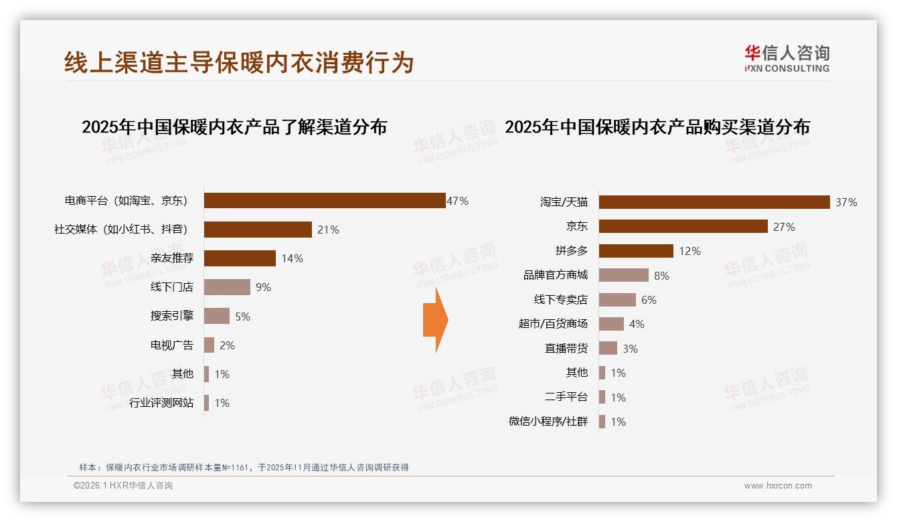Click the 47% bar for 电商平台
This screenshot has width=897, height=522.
(x=325, y=201)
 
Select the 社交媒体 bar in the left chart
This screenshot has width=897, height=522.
(x=258, y=230)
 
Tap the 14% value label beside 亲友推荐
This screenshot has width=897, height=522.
(x=292, y=258)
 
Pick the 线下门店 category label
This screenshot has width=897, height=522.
(x=172, y=287)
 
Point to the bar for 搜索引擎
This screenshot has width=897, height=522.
(x=216, y=316)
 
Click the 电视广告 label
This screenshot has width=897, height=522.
(x=172, y=345)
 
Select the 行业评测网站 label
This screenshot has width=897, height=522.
(x=161, y=403)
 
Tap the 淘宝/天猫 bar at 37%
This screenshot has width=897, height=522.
(x=714, y=202)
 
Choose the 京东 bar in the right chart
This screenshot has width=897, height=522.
(x=683, y=226)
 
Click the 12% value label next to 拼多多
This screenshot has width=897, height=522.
(x=689, y=251)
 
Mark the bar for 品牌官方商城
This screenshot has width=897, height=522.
(x=623, y=275)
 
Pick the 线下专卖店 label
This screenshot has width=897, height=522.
(x=560, y=300)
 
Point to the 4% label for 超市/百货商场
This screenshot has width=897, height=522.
(x=637, y=324)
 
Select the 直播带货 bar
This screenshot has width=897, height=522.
(x=608, y=348)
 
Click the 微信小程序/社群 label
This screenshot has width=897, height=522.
(x=548, y=422)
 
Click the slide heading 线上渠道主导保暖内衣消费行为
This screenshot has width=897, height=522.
(x=239, y=62)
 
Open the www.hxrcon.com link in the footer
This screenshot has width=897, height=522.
(x=778, y=486)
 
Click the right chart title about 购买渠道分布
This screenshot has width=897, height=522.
(x=657, y=127)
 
